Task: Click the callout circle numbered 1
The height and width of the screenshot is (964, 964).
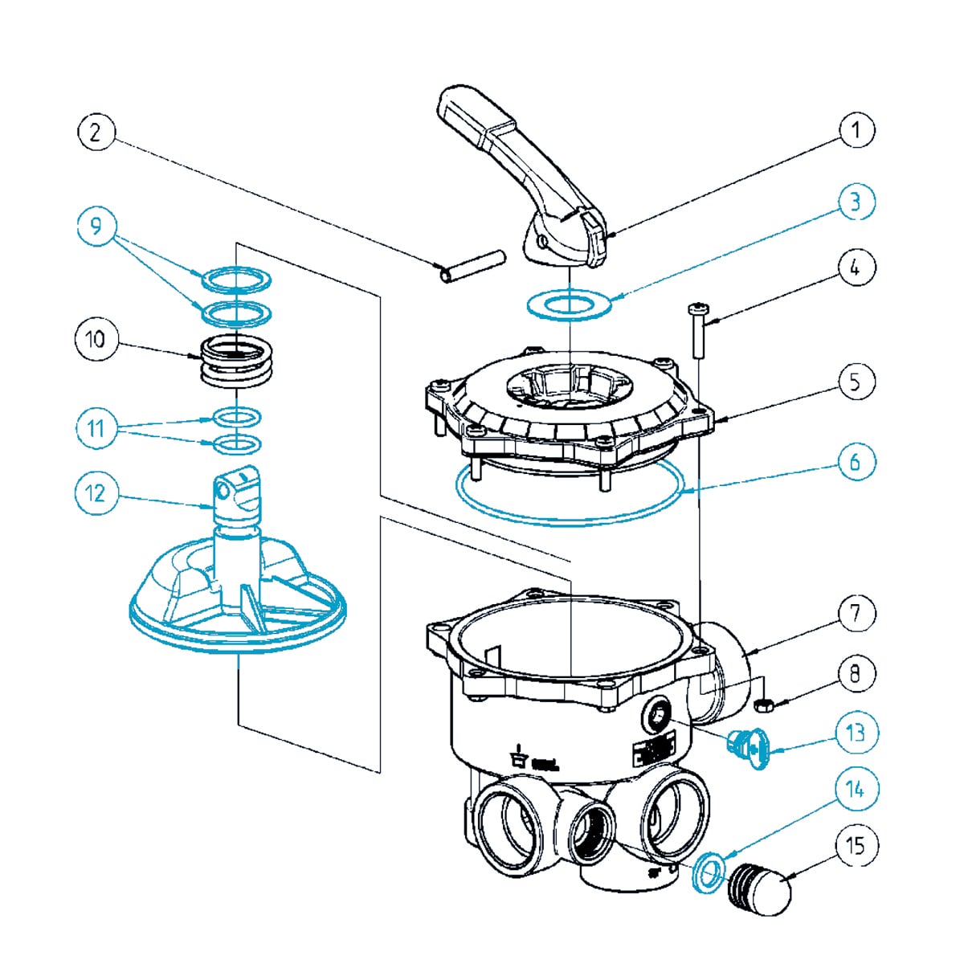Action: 856,130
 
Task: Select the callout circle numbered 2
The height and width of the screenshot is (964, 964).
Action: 96,132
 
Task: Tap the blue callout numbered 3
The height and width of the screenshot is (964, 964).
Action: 856,201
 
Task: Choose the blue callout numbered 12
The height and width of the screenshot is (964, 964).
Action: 96,492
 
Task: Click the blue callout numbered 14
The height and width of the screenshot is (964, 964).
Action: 856,790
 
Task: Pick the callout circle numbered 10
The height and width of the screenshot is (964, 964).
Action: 96,339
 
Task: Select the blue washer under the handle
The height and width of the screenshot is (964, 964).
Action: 570,305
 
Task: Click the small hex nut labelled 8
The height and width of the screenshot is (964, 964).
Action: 764,705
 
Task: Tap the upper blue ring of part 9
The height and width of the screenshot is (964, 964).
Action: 236,280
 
